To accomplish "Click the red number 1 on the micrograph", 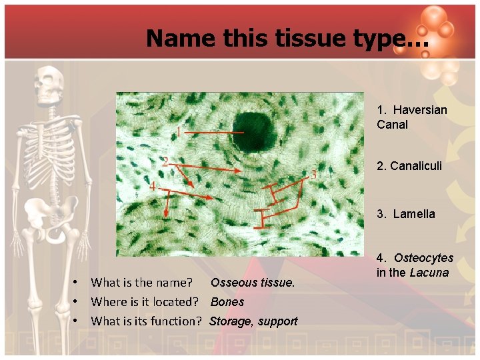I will point(179,131).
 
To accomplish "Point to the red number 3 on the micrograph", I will point(313,175).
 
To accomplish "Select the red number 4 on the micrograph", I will point(153,187).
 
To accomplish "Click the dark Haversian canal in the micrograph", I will point(252,131).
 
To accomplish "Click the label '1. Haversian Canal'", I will point(411,117).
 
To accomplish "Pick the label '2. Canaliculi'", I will point(409,165).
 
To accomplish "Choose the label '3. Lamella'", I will point(405,214).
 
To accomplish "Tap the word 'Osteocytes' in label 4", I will point(423,258).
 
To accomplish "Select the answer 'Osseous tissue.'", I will point(252,283).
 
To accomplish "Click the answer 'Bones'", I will point(227,302).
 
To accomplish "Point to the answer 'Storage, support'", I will point(253,321).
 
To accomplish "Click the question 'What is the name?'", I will point(141,283).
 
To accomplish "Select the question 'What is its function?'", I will point(146,321).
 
